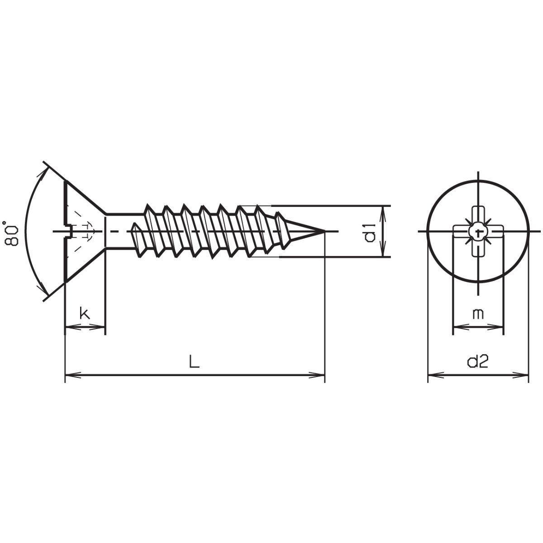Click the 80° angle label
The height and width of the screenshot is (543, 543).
11,233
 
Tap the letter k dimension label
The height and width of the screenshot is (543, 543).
84,313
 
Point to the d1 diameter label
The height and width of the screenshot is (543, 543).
370,232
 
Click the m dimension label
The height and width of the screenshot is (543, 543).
478,313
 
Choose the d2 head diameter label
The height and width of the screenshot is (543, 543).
478,362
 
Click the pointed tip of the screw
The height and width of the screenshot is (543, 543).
324,232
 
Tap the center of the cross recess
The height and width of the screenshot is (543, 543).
478,232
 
